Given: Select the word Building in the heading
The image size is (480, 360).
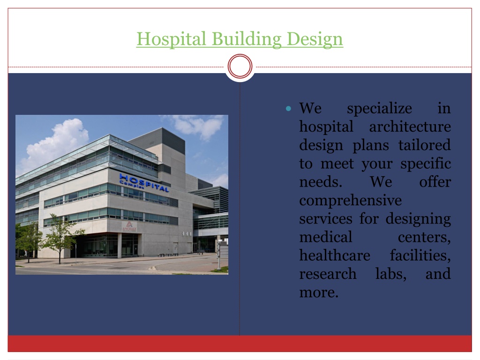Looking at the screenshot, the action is pos(247,39).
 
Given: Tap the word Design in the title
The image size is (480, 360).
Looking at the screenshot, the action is pos(315,39).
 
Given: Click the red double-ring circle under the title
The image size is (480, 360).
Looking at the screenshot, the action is pos(240,66).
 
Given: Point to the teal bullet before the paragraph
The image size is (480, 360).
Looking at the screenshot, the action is pos(288,109).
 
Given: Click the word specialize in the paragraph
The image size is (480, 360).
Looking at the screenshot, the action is pos(379,108).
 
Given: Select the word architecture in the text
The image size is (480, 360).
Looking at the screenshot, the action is pos(410,127).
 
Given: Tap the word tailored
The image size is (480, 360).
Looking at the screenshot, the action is pos(425,145).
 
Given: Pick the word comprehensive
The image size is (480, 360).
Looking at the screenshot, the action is pos(351,201).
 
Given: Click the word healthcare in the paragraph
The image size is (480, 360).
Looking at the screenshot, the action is pos(335,255).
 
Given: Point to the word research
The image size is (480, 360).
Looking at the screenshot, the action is pos(328,274).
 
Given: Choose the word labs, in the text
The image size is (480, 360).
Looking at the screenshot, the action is pos(391,274).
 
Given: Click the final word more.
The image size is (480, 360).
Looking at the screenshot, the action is pos(319,292).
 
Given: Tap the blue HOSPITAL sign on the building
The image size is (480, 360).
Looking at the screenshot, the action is pos(144,183).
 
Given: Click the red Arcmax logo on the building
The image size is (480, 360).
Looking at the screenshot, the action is pos(129,227).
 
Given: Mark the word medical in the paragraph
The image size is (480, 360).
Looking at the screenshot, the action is pos(326,237).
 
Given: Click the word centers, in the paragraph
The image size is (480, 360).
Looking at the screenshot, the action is pos(424,238).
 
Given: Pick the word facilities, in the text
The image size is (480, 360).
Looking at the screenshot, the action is pos(420,255).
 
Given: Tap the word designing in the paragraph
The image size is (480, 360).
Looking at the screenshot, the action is pos(418,219).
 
